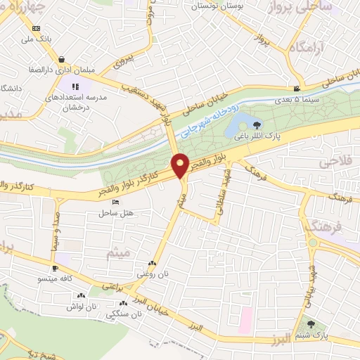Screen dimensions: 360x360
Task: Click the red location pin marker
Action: pyautogui.click(x=181, y=165)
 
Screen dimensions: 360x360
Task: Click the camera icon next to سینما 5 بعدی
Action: pyautogui.click(x=298, y=89)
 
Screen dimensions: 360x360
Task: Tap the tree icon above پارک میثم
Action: pyautogui.click(x=311, y=324)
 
